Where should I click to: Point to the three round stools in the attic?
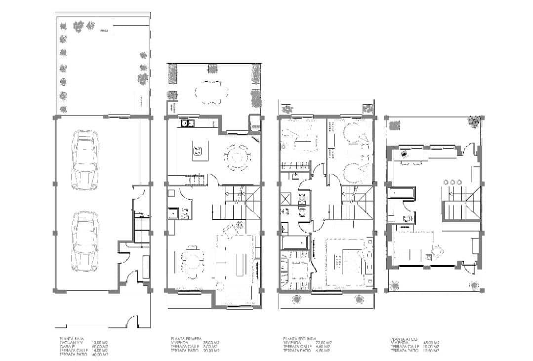(452, 182)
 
